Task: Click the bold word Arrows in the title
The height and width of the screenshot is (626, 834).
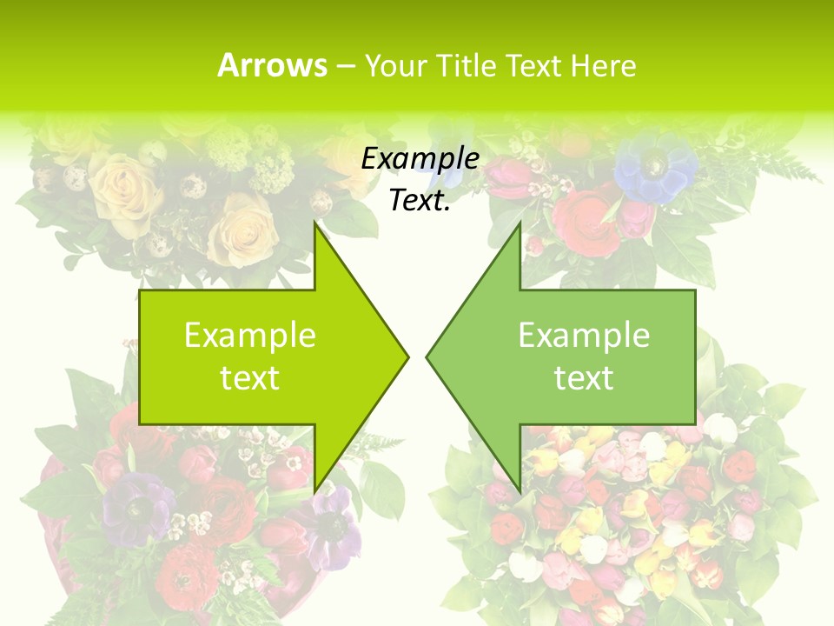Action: coord(272,65)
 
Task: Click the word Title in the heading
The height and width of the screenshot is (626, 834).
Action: coord(465,65)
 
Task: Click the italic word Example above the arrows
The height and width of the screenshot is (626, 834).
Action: coord(420,158)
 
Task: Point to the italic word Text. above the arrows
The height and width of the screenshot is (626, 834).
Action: coord(420,200)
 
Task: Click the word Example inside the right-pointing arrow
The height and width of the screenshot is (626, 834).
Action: coord(250,335)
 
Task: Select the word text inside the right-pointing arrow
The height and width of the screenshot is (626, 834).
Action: coord(250,377)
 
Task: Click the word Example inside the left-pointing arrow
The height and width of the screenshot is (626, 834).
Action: coord(584,335)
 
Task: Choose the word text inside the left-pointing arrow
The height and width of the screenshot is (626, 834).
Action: coord(584,377)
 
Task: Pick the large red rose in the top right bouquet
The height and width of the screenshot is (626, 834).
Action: coord(586,213)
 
